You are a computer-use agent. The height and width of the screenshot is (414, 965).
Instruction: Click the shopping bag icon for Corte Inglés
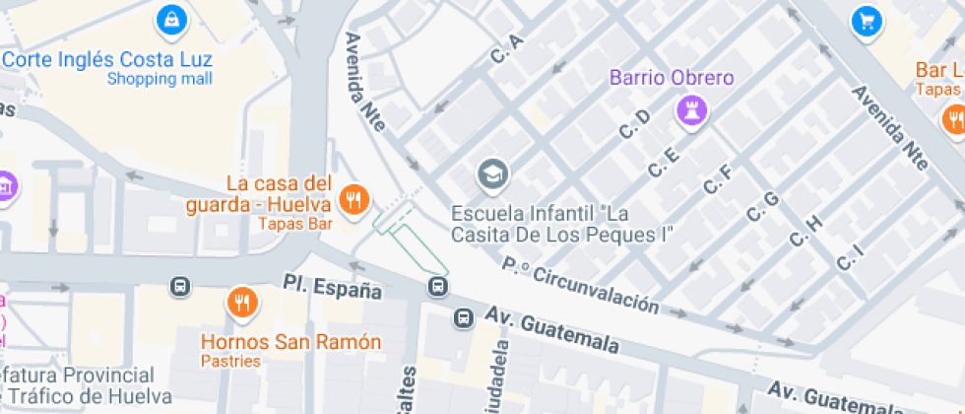[172, 18]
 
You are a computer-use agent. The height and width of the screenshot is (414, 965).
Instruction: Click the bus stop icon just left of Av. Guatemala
[463, 317]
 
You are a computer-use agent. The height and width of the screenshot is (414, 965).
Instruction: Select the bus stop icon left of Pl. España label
[180, 287]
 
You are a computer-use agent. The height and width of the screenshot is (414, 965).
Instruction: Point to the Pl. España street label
[332, 289]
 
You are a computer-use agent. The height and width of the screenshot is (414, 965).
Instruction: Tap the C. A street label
[506, 50]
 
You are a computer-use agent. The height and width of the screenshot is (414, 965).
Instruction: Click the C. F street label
[717, 178]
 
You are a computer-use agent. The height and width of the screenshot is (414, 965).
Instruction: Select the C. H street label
[805, 229]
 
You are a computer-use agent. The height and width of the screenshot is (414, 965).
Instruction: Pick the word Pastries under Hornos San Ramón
[230, 361]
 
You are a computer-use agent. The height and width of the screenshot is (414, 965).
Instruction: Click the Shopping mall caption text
[160, 79]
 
